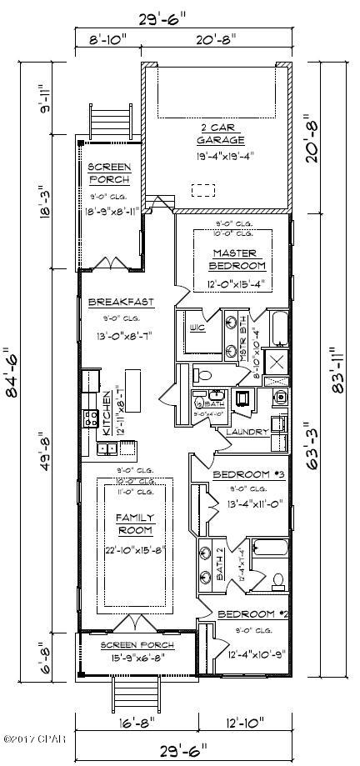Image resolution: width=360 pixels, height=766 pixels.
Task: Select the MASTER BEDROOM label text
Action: (238, 259)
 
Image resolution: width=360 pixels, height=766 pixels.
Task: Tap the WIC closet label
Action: (197, 328)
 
